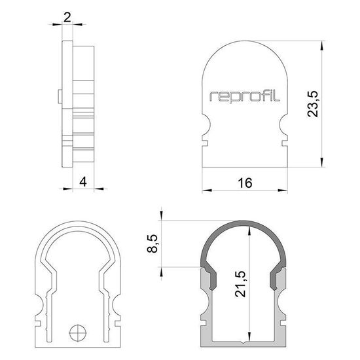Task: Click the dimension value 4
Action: click(82, 181)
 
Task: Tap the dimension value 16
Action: click(245, 183)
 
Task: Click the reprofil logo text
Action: click(245, 96)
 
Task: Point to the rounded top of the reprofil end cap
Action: click(245, 49)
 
